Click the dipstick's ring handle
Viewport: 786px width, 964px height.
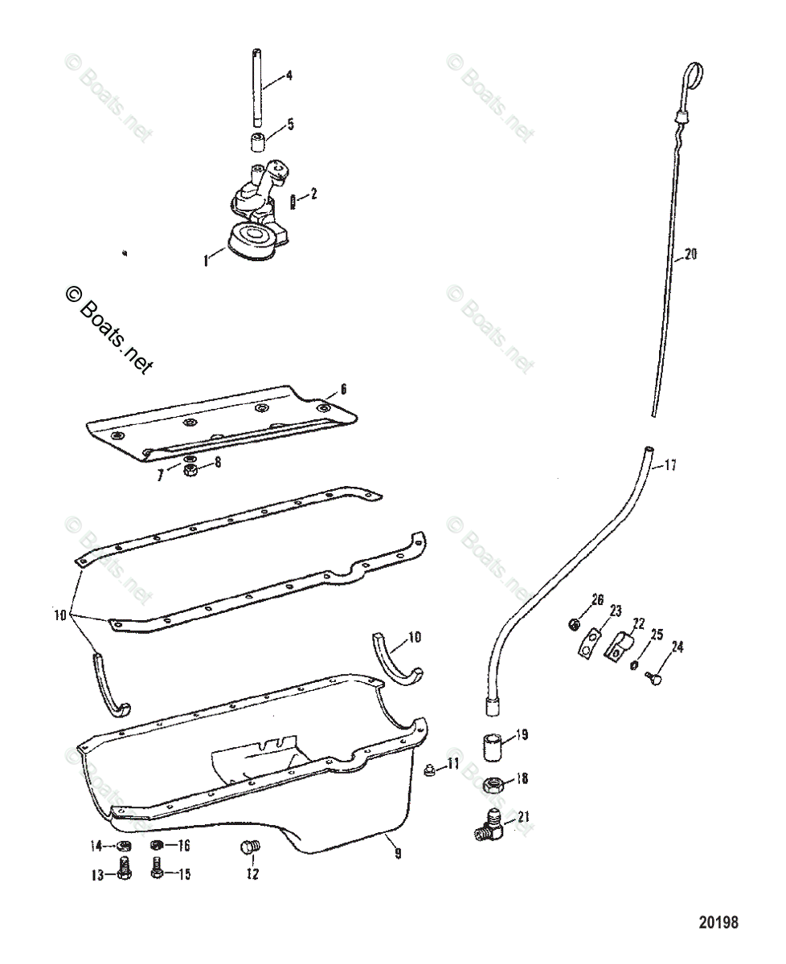(694, 77)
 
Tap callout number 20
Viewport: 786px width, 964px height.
(690, 255)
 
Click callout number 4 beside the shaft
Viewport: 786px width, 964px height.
(289, 76)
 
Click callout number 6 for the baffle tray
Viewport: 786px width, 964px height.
(342, 389)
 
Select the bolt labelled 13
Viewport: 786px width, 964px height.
(125, 871)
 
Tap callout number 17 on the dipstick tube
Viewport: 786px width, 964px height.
(669, 465)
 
